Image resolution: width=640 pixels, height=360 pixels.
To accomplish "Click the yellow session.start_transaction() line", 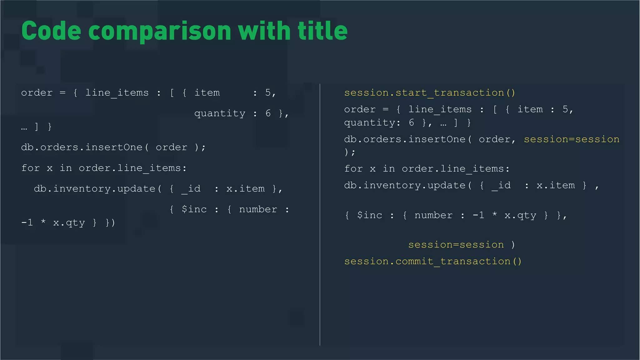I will point(430,93).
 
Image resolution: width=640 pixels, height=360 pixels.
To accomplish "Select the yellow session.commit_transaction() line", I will point(433,261).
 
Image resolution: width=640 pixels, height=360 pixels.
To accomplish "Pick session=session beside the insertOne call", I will point(572,139).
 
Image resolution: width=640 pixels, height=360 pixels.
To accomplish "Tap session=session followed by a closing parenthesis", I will point(456,245).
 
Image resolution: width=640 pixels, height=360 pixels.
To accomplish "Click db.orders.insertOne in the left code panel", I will point(82,147).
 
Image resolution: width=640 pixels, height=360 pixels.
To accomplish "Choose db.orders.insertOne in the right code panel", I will point(405,139).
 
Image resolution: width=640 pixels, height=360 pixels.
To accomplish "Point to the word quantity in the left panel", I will point(220,113).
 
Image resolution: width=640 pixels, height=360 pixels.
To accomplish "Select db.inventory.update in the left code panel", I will point(95,189).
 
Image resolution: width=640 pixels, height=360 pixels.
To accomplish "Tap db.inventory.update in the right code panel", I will point(405,185).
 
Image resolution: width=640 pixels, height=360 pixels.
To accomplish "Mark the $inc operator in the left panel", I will point(194,209).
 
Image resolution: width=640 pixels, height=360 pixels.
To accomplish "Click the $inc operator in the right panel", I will point(369,215).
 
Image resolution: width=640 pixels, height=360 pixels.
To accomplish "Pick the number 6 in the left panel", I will point(268,113).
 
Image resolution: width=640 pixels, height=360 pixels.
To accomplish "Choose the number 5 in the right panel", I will point(565,109).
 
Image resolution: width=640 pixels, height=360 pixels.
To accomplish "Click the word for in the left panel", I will point(31,168).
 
